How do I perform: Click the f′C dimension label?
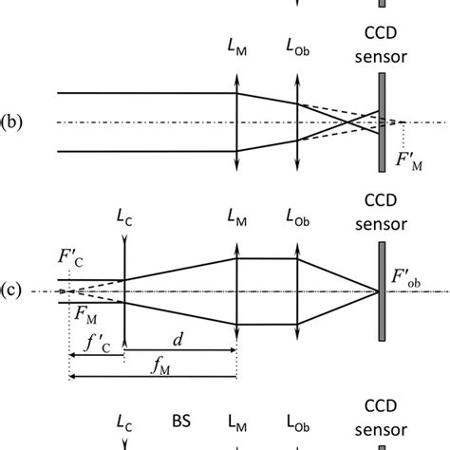(96, 347)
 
